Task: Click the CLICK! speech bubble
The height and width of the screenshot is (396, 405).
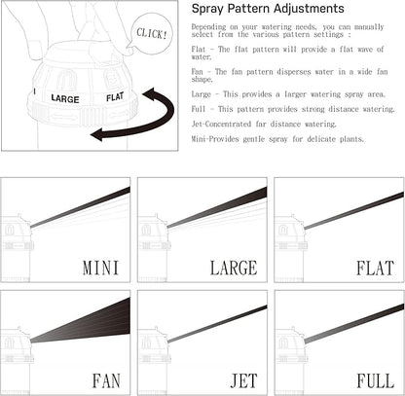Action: (151, 33)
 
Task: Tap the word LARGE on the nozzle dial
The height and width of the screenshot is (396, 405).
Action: (65, 98)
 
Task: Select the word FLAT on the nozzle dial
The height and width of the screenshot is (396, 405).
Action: (115, 96)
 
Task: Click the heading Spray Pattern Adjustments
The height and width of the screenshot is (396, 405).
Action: (268, 9)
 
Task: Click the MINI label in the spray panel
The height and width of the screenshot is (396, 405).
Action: (101, 268)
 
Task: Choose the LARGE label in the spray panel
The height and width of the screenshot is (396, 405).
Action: (234, 268)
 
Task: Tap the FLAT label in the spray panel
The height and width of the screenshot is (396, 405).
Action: (375, 268)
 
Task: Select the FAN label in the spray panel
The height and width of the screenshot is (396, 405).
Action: (106, 380)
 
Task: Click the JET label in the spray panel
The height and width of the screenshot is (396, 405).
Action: (243, 380)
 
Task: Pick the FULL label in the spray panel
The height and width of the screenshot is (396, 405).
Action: (376, 380)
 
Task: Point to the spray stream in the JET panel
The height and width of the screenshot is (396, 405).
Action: (217, 324)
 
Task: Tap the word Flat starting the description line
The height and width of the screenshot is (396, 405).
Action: (199, 50)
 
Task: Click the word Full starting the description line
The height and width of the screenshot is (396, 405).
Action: (199, 109)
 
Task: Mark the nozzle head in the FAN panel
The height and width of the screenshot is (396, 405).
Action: (17, 343)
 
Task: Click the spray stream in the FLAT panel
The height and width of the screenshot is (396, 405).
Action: (353, 211)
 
